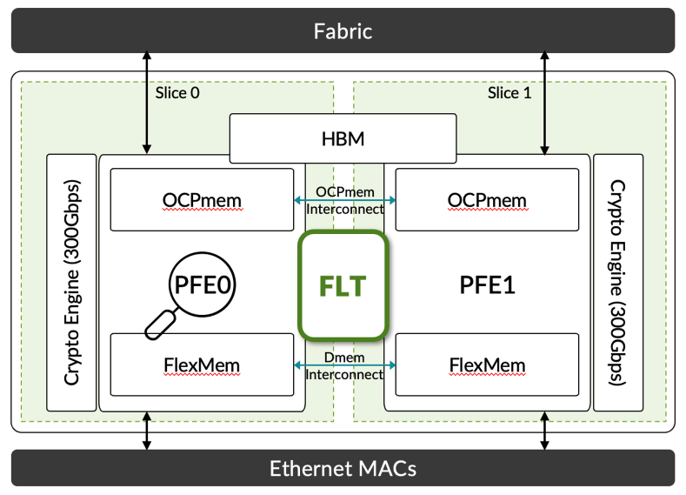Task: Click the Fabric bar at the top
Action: pos(343,31)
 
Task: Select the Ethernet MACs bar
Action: pos(343,469)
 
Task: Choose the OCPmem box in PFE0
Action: pos(202,201)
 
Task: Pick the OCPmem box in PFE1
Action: pos(487,201)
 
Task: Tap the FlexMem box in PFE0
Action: pos(202,364)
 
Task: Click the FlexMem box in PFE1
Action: pos(487,364)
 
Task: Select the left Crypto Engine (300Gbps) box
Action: pos(71,282)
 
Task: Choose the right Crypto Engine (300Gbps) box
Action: pos(617,282)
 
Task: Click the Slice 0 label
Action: pos(177,93)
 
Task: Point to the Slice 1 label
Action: pos(503,93)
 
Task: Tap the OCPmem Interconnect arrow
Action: pos(343,200)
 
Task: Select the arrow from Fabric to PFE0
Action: pos(147,104)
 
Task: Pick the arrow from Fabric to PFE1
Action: pos(545,104)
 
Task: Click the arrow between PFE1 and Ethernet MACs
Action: pos(545,430)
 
